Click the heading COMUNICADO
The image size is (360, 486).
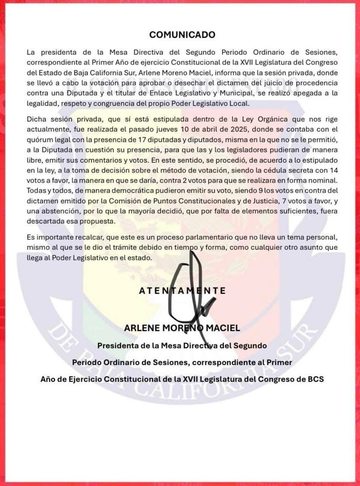tap(182, 35)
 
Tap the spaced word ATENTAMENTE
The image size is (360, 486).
tap(182, 291)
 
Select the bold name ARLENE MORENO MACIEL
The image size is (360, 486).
tap(182, 328)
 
